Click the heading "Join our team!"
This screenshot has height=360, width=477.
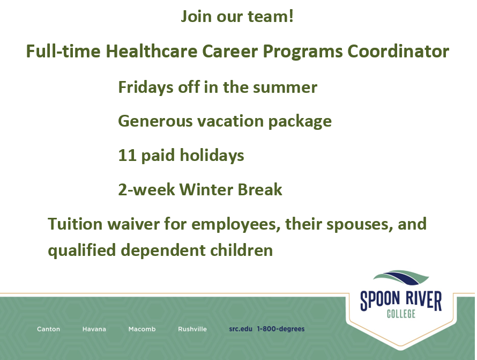point(237,17)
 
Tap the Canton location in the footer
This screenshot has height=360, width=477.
point(48,329)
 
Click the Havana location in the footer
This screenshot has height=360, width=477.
point(94,329)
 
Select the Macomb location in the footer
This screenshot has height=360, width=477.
point(142,329)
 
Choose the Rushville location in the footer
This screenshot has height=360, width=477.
point(192,329)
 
